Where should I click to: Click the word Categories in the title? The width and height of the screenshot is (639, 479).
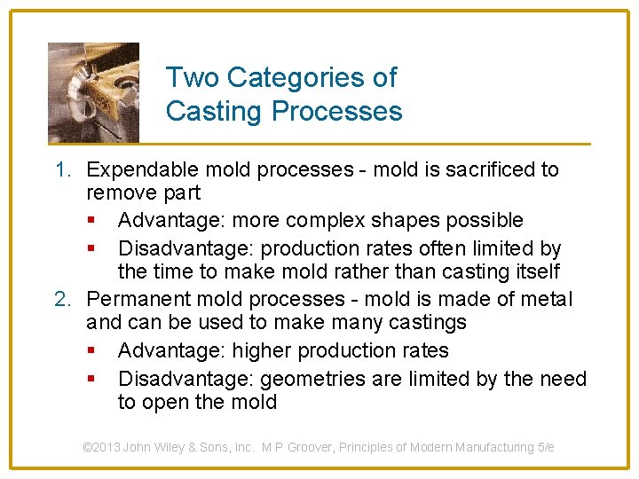click(312, 78)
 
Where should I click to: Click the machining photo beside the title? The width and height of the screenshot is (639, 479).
click(93, 92)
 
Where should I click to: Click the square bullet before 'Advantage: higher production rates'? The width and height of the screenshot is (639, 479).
click(91, 351)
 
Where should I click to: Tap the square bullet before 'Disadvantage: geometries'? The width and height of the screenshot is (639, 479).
click(91, 380)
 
